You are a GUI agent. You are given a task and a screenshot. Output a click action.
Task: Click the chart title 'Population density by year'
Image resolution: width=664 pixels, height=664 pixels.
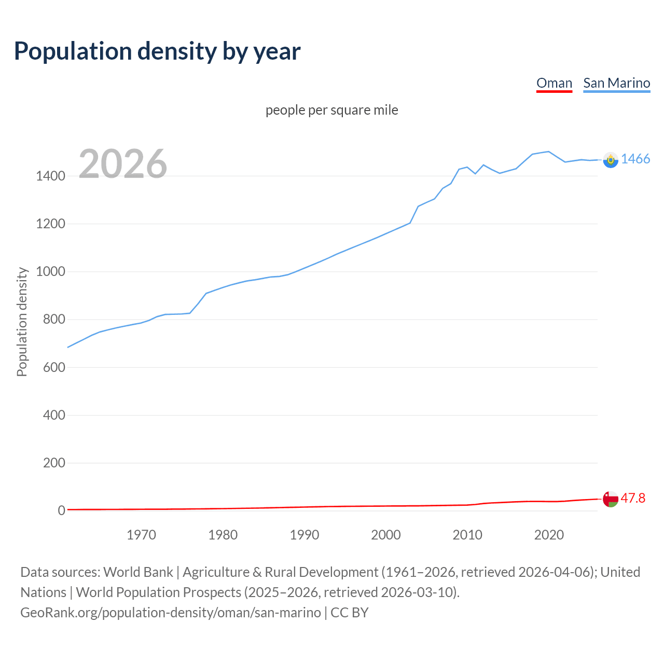157,51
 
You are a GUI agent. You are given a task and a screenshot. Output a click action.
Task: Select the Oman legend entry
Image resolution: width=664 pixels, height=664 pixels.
554,83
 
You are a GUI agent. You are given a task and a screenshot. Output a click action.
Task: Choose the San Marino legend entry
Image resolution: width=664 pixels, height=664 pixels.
616,83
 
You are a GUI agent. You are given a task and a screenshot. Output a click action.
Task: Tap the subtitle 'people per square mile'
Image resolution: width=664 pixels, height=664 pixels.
332,110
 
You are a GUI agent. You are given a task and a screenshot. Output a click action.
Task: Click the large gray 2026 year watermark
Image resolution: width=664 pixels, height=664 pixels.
123,164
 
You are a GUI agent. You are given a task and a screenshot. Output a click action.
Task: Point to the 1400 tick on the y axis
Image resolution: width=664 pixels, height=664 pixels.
50,176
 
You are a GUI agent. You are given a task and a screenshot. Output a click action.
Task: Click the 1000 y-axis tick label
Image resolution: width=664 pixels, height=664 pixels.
50,272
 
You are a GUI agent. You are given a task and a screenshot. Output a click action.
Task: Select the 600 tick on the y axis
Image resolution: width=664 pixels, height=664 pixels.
54,367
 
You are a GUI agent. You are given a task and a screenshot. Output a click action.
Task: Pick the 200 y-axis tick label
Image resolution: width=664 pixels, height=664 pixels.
54,463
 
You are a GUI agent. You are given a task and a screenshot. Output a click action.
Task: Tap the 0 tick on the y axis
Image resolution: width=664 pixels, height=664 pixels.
61,510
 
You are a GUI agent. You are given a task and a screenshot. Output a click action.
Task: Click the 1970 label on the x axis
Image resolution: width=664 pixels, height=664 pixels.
141,535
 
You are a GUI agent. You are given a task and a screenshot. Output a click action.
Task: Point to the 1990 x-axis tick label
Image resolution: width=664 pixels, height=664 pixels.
305,535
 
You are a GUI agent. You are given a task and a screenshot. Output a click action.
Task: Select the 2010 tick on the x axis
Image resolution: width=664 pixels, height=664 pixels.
467,535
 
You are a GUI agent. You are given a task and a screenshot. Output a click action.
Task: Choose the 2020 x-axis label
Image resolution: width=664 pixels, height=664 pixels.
549,535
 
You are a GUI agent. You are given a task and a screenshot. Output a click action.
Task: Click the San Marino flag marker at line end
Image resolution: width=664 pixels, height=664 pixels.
611,160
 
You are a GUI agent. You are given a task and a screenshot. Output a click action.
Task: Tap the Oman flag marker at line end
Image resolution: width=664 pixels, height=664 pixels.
611,499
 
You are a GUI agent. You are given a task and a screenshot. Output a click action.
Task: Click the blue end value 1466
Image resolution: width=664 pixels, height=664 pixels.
635,159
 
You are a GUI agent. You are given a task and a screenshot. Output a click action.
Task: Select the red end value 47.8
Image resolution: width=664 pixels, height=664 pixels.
633,498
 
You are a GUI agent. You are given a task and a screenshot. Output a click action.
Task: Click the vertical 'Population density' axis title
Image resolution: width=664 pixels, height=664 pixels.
22,322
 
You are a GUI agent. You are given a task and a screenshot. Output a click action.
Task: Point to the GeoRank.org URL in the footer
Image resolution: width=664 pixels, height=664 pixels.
171,613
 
